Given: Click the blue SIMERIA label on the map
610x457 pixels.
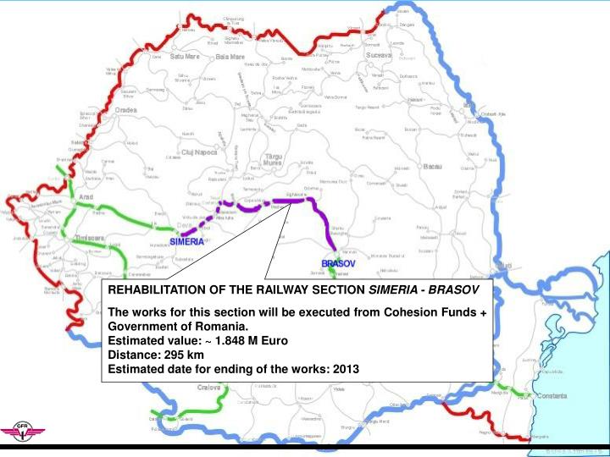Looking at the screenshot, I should click(x=186, y=241).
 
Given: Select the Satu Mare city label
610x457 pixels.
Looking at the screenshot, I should click(x=184, y=57).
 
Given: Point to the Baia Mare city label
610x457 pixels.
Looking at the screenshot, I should click(x=230, y=57).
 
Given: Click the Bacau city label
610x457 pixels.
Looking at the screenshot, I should click(x=431, y=166).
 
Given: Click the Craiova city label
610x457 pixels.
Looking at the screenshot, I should click(x=209, y=387).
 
